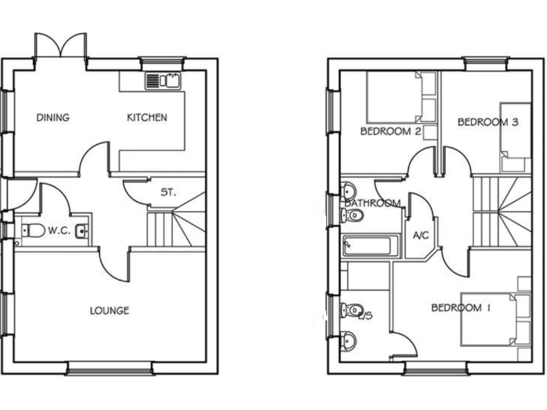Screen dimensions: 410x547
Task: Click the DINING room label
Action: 53,117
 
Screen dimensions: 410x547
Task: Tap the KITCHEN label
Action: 147,117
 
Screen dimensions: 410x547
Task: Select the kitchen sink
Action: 165,80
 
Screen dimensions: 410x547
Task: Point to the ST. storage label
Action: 168,192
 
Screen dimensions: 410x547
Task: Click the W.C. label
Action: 58,231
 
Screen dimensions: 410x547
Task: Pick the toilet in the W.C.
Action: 31,230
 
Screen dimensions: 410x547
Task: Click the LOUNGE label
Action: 110,310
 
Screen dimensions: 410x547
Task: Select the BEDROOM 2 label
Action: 390,132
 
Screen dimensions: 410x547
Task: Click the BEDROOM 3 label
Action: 488,122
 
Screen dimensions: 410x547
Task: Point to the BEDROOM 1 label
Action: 462,307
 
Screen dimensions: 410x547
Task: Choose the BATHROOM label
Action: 373,204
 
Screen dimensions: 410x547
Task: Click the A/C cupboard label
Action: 421,236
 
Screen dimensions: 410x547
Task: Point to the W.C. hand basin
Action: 82,230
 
